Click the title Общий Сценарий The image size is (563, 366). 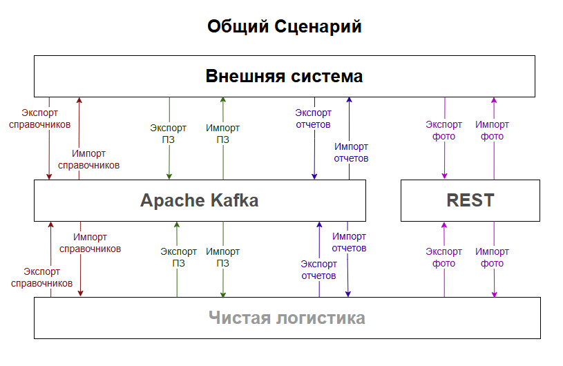pos(284,27)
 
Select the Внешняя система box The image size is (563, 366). pos(284,76)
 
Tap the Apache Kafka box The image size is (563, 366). pos(200,200)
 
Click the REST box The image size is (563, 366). pos(470,200)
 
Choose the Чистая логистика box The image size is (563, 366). pos(287,318)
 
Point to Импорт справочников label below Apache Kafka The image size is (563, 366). pos(90,242)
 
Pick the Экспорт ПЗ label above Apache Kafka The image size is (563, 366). pos(168,133)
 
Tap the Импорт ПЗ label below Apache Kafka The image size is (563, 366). pos(223,257)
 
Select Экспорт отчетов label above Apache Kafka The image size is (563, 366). pos(313,119)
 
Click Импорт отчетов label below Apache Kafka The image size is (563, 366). pos(349,242)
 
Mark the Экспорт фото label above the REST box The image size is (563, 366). pos(443,131)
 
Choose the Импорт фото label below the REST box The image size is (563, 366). pos(493,257)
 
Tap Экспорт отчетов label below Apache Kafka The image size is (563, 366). pos(318,269)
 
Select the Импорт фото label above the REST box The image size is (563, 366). pos(492,131)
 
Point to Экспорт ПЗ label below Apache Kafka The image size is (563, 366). pos(178,257)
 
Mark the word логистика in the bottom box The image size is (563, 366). pos(321,318)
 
